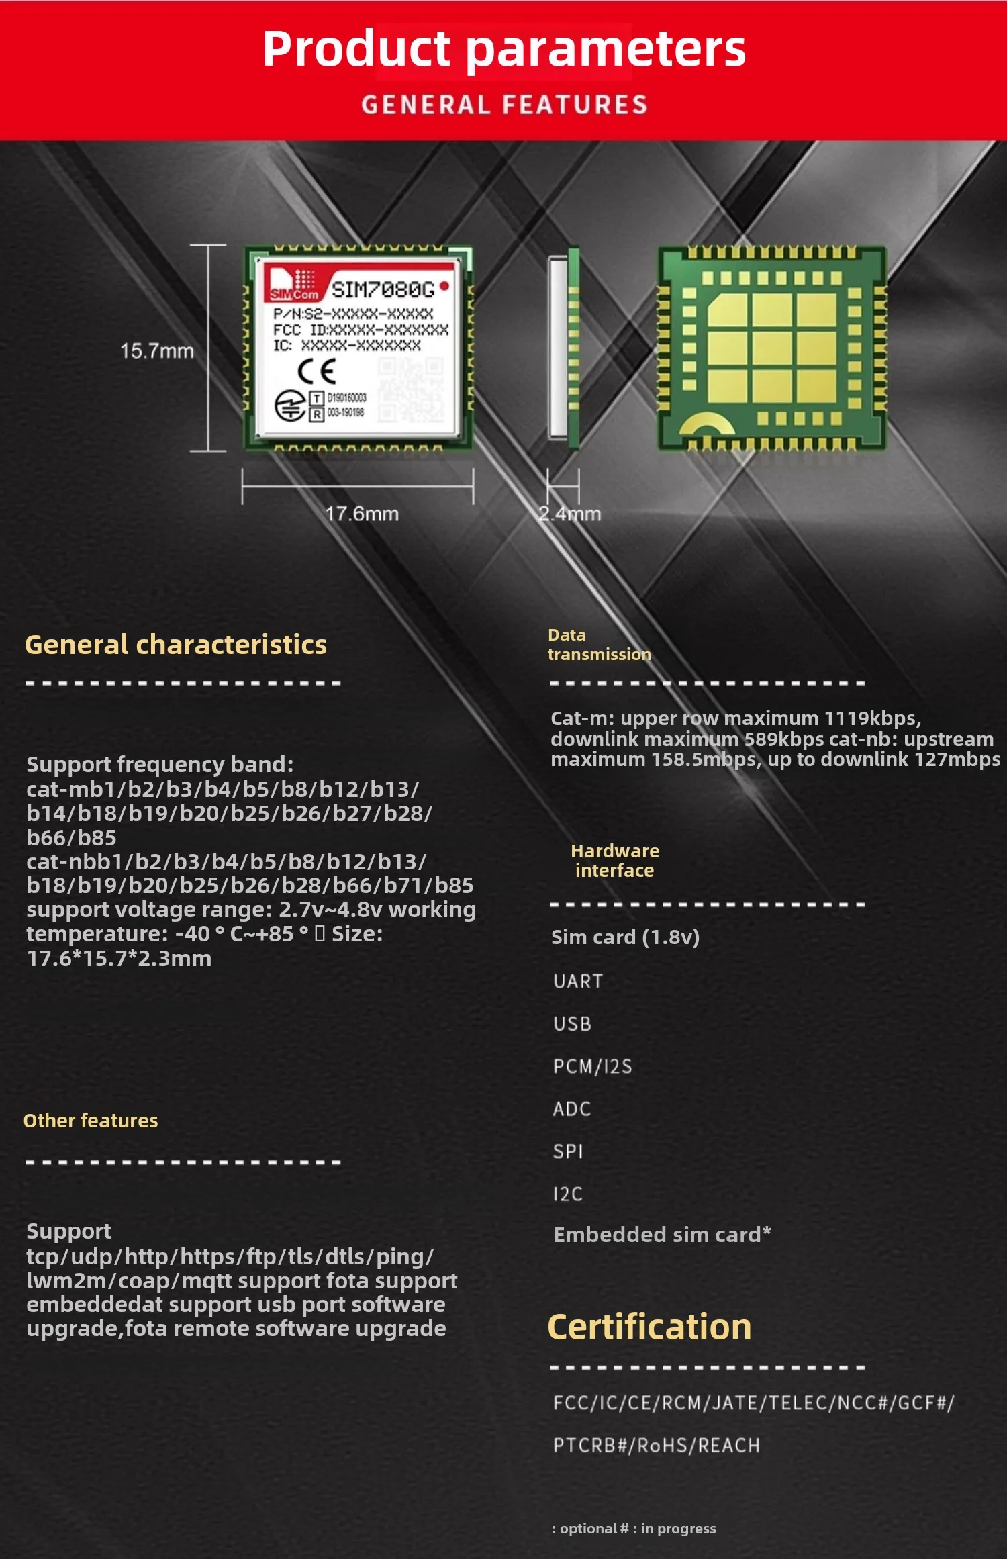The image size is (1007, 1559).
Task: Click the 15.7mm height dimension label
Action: [156, 350]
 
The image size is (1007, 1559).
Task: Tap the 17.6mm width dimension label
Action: [362, 514]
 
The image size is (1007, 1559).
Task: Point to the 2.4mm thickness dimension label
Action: [569, 514]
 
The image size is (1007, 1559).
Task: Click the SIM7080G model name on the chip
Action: [383, 289]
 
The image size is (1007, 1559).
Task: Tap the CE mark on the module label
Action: [316, 371]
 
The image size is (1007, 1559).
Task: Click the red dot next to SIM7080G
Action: [444, 287]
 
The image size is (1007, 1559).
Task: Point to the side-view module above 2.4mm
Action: [564, 348]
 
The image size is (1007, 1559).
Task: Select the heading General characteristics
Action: [176, 645]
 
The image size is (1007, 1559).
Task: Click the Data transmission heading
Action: [599, 645]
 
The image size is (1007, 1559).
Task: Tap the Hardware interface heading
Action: [614, 861]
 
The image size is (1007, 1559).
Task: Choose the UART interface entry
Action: [578, 981]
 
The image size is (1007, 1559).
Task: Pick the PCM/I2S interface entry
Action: [593, 1066]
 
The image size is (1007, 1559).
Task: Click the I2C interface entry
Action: [568, 1194]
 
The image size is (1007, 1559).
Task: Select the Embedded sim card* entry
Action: [662, 1235]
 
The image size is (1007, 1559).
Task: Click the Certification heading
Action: [649, 1327]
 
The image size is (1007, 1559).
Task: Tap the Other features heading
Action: [91, 1121]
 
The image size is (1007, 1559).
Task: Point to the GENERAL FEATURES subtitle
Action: [504, 105]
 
